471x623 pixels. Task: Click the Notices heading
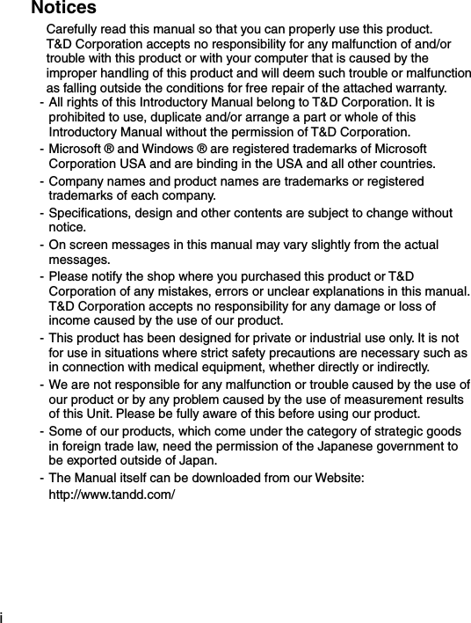pyautogui.click(x=63, y=8)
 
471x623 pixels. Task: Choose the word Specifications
pyautogui.click(x=89, y=214)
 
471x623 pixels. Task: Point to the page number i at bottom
pyautogui.click(x=3, y=616)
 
